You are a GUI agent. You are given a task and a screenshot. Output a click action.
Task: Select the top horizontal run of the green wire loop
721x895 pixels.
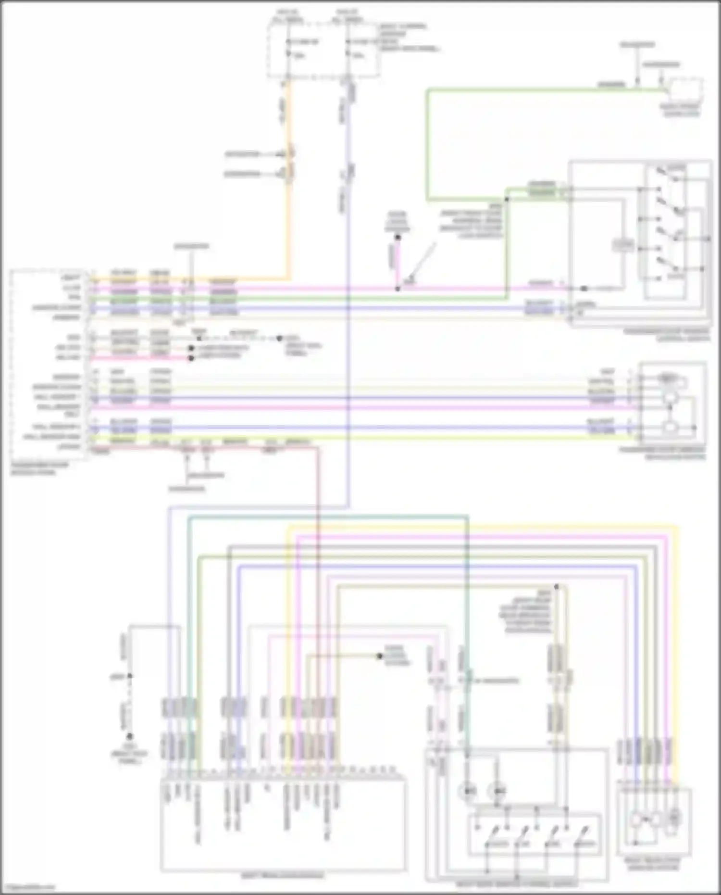pos(529,89)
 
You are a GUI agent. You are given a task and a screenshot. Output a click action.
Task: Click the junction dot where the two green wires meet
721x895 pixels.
pos(507,198)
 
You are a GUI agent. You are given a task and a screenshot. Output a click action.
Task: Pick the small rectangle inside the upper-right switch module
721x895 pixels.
pos(623,246)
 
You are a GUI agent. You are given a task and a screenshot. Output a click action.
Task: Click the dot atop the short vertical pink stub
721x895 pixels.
pos(398,237)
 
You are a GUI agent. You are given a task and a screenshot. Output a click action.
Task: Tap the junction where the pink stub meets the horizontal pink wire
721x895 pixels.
pos(398,289)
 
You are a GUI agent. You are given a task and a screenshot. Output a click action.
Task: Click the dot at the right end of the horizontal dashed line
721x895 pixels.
pos(279,339)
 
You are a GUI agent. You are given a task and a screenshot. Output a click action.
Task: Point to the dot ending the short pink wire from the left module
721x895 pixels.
pos(191,358)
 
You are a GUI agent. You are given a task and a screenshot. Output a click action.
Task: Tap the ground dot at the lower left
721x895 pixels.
pos(129,736)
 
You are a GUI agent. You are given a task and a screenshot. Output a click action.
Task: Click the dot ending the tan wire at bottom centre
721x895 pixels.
pos(379,656)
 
